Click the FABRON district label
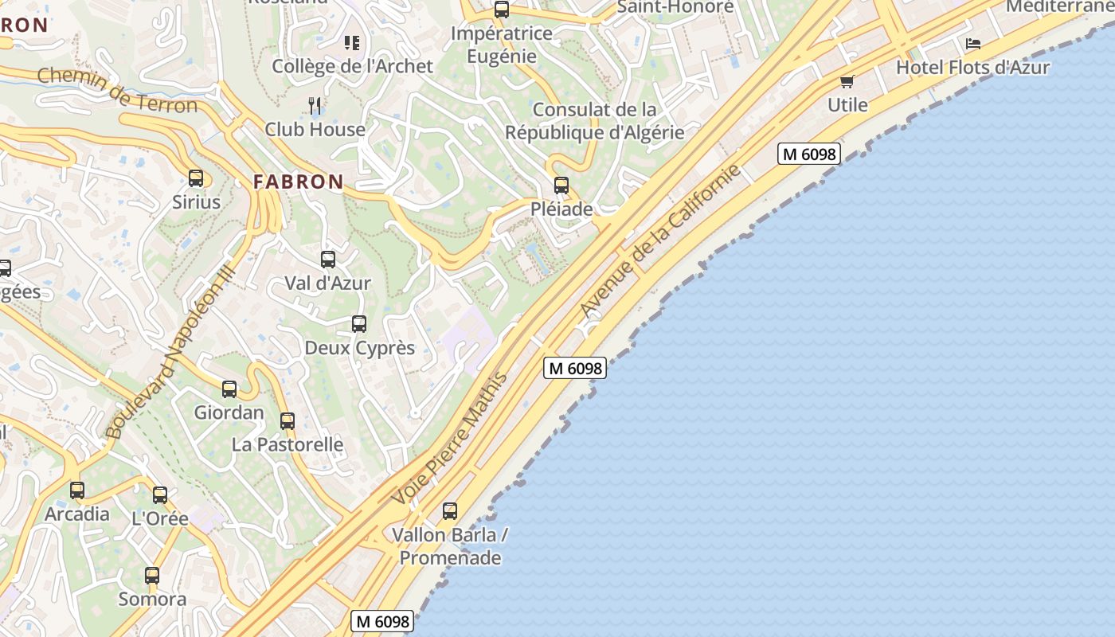[299, 182]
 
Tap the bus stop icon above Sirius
[196, 178]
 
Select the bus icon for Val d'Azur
[328, 260]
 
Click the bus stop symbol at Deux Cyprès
[359, 324]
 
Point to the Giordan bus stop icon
[229, 389]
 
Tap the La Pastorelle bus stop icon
[288, 421]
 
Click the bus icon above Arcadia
[77, 490]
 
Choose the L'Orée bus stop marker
[160, 495]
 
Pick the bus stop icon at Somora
[152, 575]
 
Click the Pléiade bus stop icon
[561, 186]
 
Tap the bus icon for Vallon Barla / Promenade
[450, 511]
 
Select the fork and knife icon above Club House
[315, 105]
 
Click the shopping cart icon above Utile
[847, 81]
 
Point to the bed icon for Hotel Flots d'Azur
[973, 44]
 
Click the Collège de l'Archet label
[353, 66]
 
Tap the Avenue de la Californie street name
[660, 241]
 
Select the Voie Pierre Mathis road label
[450, 438]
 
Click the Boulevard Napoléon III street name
[170, 351]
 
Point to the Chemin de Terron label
[117, 90]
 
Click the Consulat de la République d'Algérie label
[595, 121]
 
